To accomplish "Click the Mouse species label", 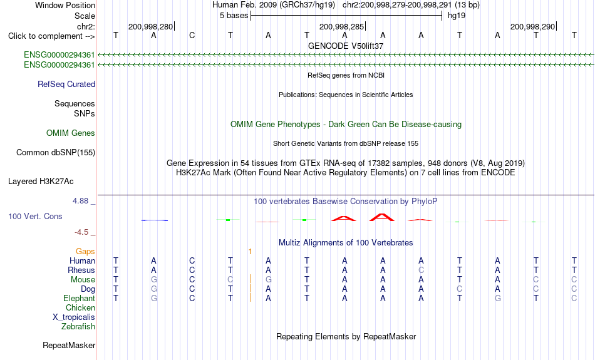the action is tap(83, 280).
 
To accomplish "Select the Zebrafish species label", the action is tap(78, 327).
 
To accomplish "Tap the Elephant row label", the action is tap(79, 299).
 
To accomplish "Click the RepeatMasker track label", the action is tap(69, 345).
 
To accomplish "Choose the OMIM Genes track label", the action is tap(71, 133).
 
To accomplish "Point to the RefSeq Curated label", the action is tap(66, 85).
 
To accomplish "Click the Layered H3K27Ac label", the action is tap(41, 182).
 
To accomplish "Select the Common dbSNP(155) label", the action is tap(56, 153).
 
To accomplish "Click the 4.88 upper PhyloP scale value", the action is tap(80, 201).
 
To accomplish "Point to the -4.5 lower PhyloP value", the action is tap(81, 232).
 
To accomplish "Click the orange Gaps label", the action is tap(85, 252).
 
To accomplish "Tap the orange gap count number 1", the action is tap(250, 252).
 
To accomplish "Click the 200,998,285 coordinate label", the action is tap(341, 26).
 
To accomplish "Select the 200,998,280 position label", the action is tap(151, 26).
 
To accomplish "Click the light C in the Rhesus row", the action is tap(422, 270).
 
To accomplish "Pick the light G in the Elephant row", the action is tap(153, 299).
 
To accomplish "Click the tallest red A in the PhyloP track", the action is tap(382, 217).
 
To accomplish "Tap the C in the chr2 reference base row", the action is tap(192, 35).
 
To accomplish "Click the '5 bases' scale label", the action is tap(234, 16).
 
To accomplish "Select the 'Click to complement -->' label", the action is tap(51, 36).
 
